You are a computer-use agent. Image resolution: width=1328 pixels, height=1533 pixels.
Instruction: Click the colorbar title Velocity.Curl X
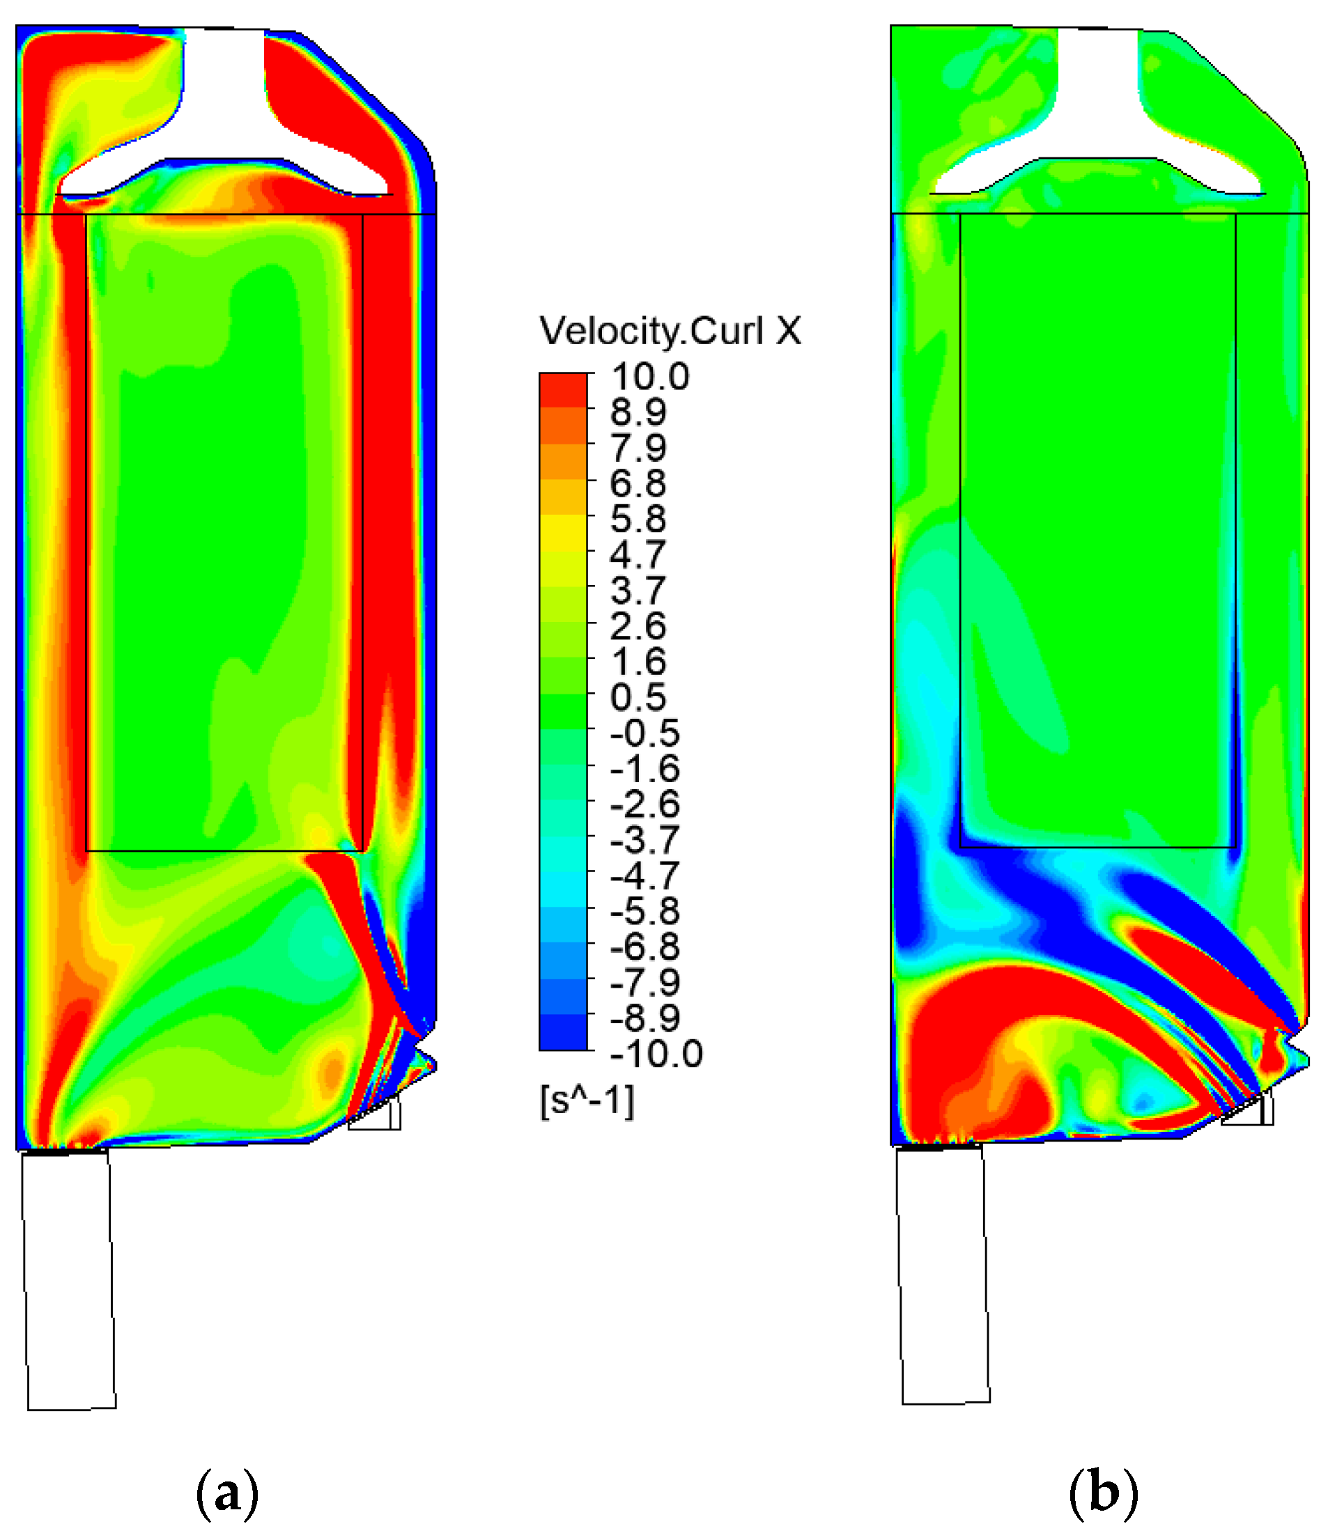[670, 330]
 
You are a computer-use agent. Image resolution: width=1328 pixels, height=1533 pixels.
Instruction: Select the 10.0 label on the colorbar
[650, 376]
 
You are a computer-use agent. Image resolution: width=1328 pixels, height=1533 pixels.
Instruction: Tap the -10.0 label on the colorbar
[656, 1054]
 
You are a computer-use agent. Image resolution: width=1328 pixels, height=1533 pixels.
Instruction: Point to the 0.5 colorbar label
[638, 697]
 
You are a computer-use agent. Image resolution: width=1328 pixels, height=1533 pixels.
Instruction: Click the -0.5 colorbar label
[644, 733]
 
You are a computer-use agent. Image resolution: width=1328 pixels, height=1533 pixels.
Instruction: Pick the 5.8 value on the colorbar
[638, 519]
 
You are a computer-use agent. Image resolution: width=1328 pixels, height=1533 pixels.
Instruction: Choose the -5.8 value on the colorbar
[644, 910]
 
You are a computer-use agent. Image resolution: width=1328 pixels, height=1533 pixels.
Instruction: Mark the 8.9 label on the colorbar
[638, 412]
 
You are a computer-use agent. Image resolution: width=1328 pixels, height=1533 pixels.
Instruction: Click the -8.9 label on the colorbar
[644, 1018]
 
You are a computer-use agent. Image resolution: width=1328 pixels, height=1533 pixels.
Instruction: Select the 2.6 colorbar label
[638, 626]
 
